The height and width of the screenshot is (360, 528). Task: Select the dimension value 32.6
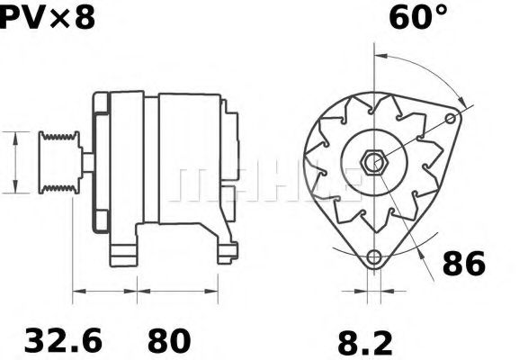[x=63, y=339]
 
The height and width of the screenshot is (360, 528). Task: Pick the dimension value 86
[x=464, y=264]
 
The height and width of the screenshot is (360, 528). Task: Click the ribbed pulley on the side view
[x=59, y=161]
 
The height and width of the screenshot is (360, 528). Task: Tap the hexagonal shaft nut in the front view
[x=372, y=163]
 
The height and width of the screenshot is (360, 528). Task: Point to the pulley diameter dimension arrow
[x=15, y=161]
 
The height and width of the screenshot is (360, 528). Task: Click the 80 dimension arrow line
[x=177, y=291]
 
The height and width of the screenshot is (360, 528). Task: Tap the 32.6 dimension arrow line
[x=104, y=291]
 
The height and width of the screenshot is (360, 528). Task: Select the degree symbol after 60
[x=440, y=10]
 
